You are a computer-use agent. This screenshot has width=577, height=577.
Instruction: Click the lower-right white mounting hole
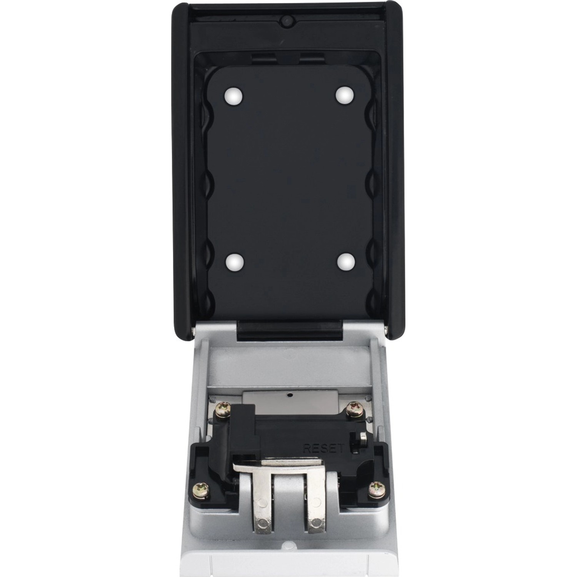[344, 262]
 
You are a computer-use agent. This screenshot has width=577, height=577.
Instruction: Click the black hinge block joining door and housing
[288, 331]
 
